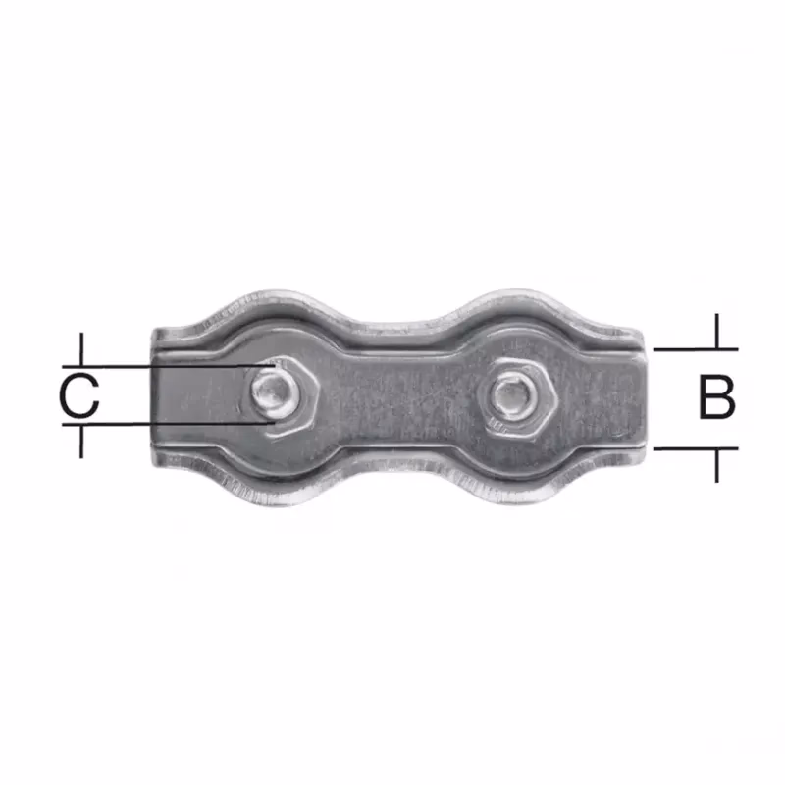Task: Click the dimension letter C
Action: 79,395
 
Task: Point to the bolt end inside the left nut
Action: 272,391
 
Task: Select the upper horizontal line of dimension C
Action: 169,366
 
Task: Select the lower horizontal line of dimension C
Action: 169,424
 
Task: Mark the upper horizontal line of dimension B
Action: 696,349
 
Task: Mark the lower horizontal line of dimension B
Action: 696,448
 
